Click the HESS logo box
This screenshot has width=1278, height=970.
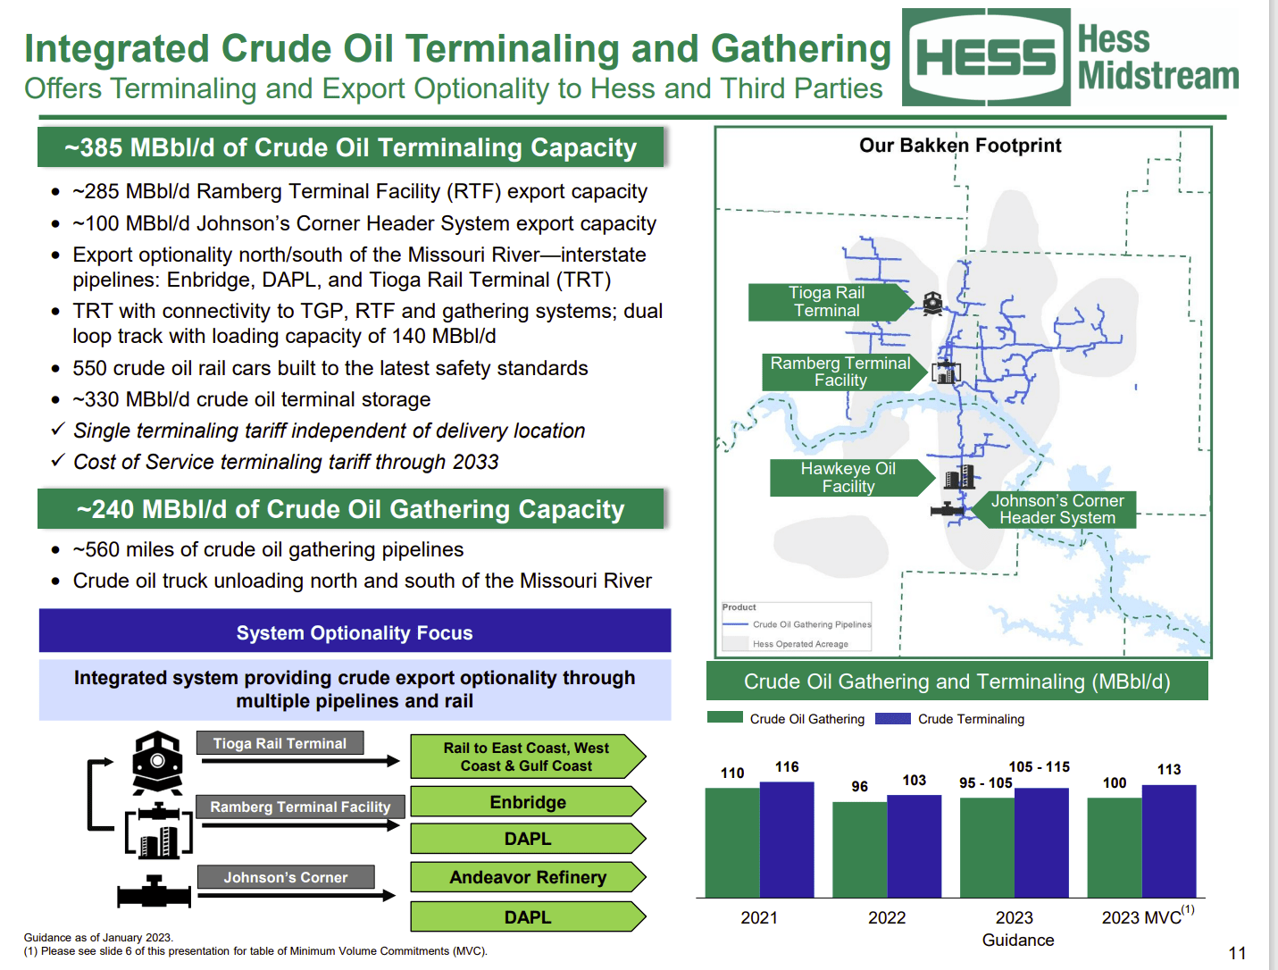pyautogui.click(x=986, y=58)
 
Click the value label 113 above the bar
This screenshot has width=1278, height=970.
pyautogui.click(x=1169, y=769)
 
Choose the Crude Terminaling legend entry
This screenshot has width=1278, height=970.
pyautogui.click(x=950, y=719)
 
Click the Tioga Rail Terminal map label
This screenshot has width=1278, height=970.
pyautogui.click(x=827, y=302)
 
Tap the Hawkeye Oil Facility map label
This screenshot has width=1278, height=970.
pyautogui.click(x=848, y=478)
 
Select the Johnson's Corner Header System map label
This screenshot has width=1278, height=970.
pyautogui.click(x=1057, y=509)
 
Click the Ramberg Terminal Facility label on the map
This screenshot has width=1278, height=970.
pyautogui.click(x=840, y=372)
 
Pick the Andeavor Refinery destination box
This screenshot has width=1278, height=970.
pyautogui.click(x=527, y=877)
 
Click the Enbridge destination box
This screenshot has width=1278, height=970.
pyautogui.click(x=527, y=802)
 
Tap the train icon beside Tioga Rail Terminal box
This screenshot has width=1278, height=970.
pyautogui.click(x=157, y=762)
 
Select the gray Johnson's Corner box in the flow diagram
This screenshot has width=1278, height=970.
pyautogui.click(x=286, y=877)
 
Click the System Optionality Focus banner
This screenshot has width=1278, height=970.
pyautogui.click(x=355, y=632)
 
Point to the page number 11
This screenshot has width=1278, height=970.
pyautogui.click(x=1237, y=953)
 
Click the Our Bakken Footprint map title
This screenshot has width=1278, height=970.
pyautogui.click(x=960, y=146)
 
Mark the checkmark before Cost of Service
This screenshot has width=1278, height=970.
pyautogui.click(x=58, y=461)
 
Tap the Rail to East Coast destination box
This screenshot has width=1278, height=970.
pyautogui.click(x=527, y=757)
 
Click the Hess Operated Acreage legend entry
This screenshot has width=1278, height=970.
pyautogui.click(x=799, y=643)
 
